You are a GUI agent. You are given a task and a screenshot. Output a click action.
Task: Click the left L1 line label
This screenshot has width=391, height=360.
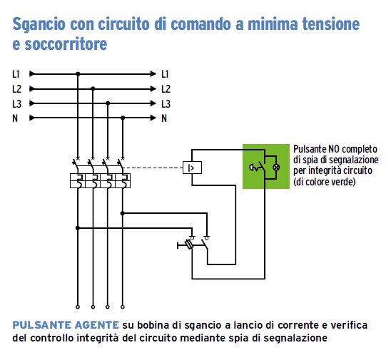coord(16,74)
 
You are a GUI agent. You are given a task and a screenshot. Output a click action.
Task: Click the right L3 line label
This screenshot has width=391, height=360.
coord(166,103)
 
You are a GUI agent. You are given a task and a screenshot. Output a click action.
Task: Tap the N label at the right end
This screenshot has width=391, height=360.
coord(164,118)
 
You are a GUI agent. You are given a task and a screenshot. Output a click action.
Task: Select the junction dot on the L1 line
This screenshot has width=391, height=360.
coord(78,73)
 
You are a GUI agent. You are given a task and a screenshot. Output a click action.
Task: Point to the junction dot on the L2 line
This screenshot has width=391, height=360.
coord(93,88)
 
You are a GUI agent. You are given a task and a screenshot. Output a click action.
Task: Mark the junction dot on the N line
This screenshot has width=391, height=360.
coord(123,118)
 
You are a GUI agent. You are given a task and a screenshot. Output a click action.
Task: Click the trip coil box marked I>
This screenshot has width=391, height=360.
coord(192,168)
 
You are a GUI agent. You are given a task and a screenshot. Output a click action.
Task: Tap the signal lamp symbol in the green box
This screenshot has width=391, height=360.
coord(276,168)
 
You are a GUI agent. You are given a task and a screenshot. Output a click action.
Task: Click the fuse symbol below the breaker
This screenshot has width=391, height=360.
coord(189,245)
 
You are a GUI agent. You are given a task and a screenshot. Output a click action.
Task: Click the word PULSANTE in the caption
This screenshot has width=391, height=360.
coord(41,325)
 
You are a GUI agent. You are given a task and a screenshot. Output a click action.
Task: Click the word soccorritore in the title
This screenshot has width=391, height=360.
coord(66,44)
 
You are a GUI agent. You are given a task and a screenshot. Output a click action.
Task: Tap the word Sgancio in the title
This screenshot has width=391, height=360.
coord(39,25)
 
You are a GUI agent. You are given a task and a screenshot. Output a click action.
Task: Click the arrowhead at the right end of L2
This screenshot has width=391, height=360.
coord(153,88)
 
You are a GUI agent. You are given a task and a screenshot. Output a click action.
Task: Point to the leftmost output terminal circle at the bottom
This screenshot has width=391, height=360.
coord(78,307)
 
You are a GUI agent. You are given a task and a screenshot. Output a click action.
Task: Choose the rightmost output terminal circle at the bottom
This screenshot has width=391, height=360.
coord(123,307)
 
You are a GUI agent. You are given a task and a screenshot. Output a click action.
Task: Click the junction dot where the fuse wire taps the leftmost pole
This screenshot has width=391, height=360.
coord(78,228)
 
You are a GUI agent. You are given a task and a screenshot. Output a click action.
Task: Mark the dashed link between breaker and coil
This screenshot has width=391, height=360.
coord(153,168)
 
